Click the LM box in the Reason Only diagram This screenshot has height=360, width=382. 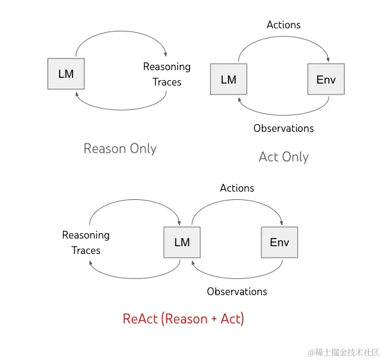[x=66, y=74]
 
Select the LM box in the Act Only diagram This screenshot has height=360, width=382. [x=229, y=80]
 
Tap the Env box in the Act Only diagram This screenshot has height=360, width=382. [x=326, y=80]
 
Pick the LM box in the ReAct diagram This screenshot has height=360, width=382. [x=182, y=242]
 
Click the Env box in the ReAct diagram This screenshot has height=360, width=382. [x=279, y=242]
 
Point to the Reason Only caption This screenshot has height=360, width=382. [x=120, y=148]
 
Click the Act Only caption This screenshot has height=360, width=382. [x=284, y=157]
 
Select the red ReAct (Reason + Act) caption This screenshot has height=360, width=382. [x=183, y=318]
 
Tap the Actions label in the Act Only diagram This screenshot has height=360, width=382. [x=283, y=25]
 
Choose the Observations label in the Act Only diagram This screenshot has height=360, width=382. [x=284, y=128]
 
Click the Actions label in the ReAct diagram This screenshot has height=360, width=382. [x=237, y=188]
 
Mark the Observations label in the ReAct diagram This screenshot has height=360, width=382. [x=237, y=291]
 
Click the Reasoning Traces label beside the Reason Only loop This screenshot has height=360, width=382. [x=167, y=75]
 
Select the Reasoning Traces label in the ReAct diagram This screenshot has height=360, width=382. [x=86, y=243]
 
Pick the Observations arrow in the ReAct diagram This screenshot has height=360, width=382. [x=236, y=277]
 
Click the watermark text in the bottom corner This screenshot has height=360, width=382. [x=342, y=352]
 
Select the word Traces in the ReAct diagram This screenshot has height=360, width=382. [x=86, y=251]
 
